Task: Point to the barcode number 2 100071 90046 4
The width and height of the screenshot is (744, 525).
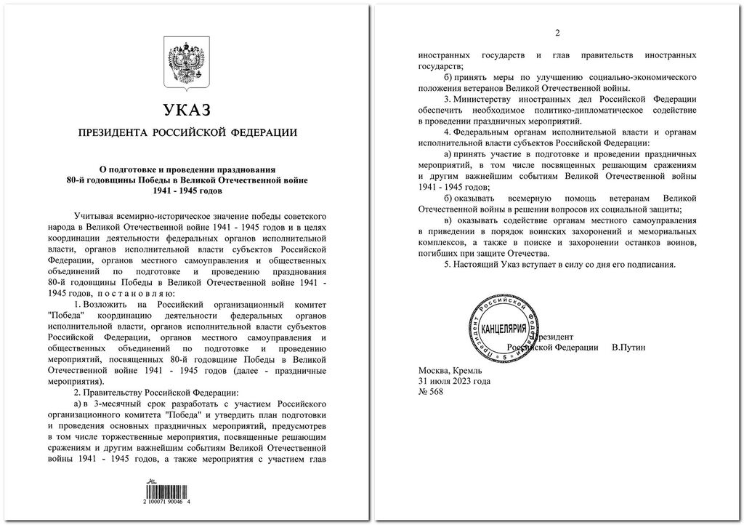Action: pyautogui.click(x=178, y=502)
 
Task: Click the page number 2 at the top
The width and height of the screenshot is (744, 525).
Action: pyautogui.click(x=557, y=33)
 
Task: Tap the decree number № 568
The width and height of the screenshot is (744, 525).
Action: pyautogui.click(x=431, y=392)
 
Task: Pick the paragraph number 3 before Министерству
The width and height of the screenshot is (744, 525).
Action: pyautogui.click(x=445, y=98)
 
